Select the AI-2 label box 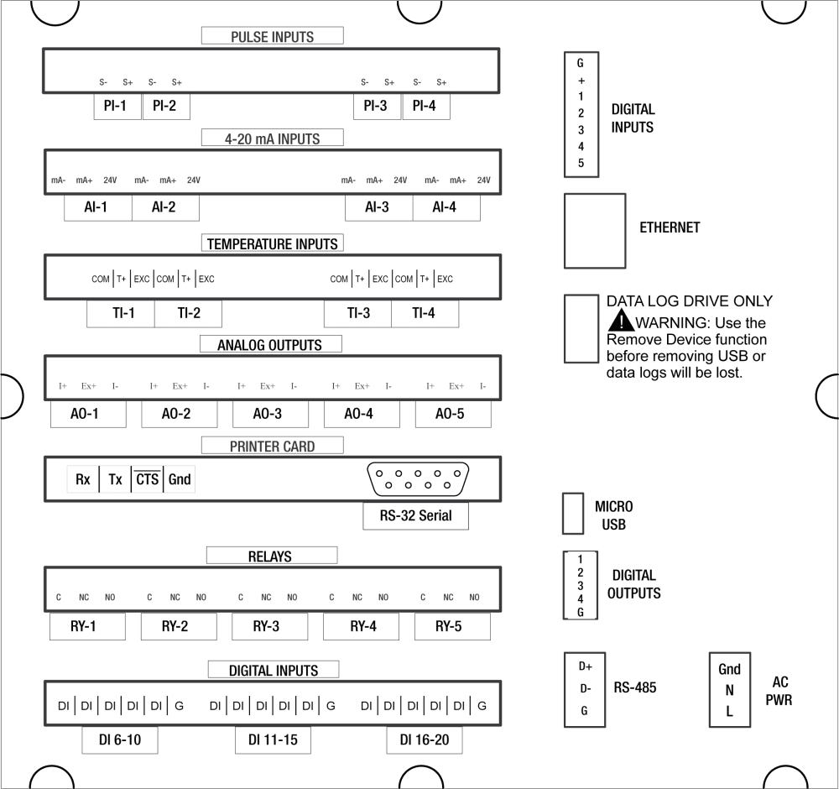pos(165,208)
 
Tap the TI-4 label pos(425,314)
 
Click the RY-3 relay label pos(266,627)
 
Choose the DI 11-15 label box pos(273,740)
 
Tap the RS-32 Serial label pos(415,516)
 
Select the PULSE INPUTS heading pos(273,36)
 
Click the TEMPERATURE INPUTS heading pos(273,243)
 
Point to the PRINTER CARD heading pos(273,447)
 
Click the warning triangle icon pos(620,322)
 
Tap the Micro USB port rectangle pos(573,513)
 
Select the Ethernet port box pos(595,230)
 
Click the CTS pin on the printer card pos(147,480)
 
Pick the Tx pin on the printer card pos(116,480)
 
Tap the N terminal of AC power pos(729,691)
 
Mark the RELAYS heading pos(270,556)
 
